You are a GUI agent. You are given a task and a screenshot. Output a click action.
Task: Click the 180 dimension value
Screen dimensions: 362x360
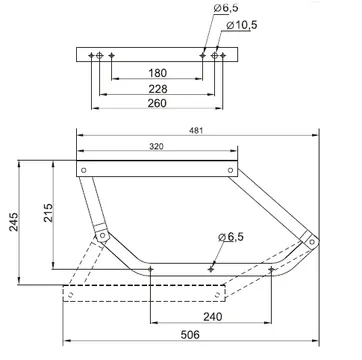[157, 73]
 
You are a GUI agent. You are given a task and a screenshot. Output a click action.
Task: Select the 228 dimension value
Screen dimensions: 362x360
[157, 89]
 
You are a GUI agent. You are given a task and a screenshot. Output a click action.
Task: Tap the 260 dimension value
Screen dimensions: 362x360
[157, 103]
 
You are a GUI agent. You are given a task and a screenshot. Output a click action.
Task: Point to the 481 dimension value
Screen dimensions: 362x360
[196, 131]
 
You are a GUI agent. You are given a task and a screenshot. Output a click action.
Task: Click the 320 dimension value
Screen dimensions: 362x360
[156, 146]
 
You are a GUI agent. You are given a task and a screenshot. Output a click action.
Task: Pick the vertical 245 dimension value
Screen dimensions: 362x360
[14, 222]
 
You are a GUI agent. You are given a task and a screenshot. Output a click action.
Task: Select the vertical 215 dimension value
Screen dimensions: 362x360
[48, 213]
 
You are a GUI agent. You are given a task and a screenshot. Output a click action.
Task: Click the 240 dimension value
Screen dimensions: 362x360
[213, 317]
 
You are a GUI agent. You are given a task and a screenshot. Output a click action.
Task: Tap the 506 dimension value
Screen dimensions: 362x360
[190, 334]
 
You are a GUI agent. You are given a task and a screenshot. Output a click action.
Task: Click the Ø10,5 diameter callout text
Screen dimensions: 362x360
[242, 25]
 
